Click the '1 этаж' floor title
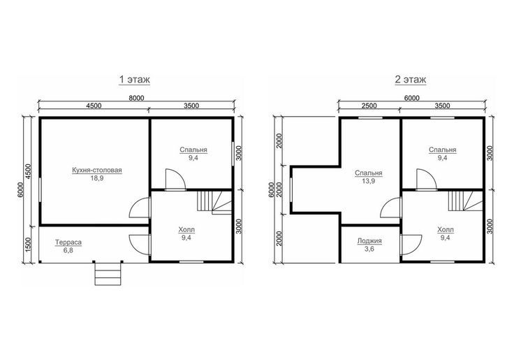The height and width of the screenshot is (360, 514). pyautogui.click(x=134, y=80)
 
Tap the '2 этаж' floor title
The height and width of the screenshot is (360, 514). pyautogui.click(x=411, y=80)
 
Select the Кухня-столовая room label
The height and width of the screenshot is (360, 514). pyautogui.click(x=97, y=171)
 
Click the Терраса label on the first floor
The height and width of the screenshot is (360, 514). pyautogui.click(x=68, y=243)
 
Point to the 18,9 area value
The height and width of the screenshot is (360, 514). pyautogui.click(x=97, y=178)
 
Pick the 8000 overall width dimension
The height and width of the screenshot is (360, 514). pyautogui.click(x=136, y=98)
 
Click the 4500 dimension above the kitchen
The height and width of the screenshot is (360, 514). pyautogui.click(x=94, y=106)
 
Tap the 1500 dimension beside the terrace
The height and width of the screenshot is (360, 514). pyautogui.click(x=28, y=244)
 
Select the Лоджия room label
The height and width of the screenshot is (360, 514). pyautogui.click(x=369, y=241)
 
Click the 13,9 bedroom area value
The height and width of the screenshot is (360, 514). pyautogui.click(x=369, y=181)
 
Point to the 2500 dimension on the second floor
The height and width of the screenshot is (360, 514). pyautogui.click(x=369, y=106)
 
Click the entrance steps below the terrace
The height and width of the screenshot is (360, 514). pyautogui.click(x=108, y=273)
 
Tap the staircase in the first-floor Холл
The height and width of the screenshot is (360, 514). pyautogui.click(x=214, y=203)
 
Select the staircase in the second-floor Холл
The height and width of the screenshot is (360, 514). pyautogui.click(x=466, y=201)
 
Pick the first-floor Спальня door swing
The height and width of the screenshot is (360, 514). pyautogui.click(x=175, y=179)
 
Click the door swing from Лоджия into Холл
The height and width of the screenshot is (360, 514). pyautogui.click(x=411, y=245)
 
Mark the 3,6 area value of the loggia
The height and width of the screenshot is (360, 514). pyautogui.click(x=369, y=249)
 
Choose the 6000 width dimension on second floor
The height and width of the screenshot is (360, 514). pyautogui.click(x=412, y=98)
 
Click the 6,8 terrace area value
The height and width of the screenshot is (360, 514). pyautogui.click(x=68, y=250)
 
